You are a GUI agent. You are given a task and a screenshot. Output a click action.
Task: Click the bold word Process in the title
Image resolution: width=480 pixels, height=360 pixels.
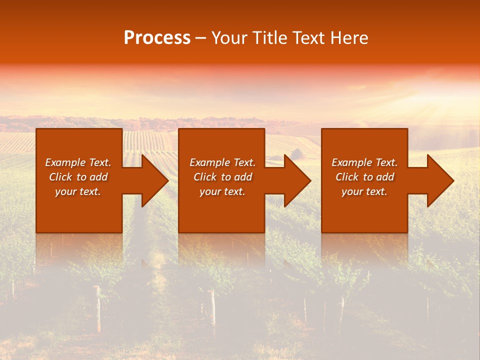pos(157,38)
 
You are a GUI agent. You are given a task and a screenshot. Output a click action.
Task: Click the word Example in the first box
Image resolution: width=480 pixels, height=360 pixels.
pos(65,162)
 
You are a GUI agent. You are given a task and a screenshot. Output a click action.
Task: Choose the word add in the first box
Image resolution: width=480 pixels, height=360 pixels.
pos(98,177)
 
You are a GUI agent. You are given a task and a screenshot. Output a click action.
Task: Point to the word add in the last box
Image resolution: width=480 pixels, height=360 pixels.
pos(385,177)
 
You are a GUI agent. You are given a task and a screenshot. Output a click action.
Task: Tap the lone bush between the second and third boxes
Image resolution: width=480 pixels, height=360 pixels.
pos(296,153)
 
